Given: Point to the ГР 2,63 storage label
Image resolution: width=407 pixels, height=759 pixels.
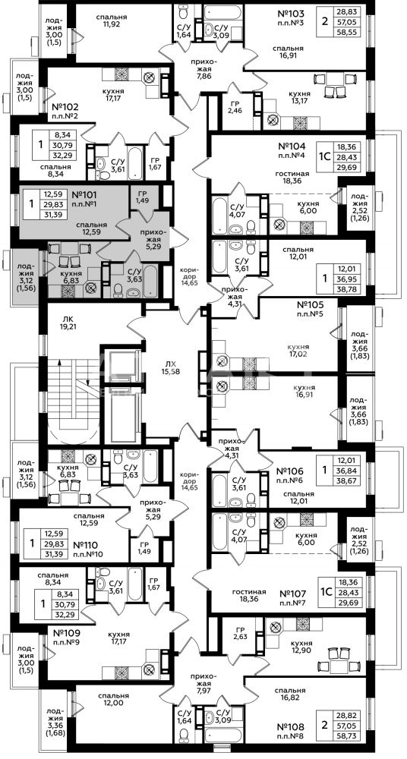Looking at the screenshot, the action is [240, 633].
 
